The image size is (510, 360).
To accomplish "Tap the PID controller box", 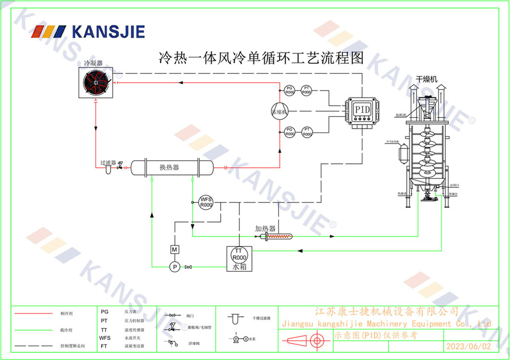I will (363, 109).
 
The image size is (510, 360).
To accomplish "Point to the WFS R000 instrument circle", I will (206, 202).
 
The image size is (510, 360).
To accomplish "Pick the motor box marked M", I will (174, 249).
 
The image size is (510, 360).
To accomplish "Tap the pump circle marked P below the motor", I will (174, 266).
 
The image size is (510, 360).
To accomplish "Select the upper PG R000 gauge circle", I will (290, 90).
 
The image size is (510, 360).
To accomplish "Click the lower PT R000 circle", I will (307, 132).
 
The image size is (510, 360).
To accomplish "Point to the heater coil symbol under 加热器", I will (278, 237).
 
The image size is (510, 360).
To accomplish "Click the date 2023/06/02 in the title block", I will (468, 346).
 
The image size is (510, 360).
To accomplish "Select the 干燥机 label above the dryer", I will (427, 79).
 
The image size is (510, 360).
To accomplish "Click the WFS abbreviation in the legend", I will (105, 338).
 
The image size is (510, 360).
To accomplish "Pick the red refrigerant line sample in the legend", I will (34, 313).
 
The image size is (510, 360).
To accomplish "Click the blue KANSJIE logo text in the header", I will (108, 32).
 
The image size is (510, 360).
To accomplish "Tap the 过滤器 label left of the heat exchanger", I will (108, 163).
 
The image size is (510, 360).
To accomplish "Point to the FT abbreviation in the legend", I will (104, 346).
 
